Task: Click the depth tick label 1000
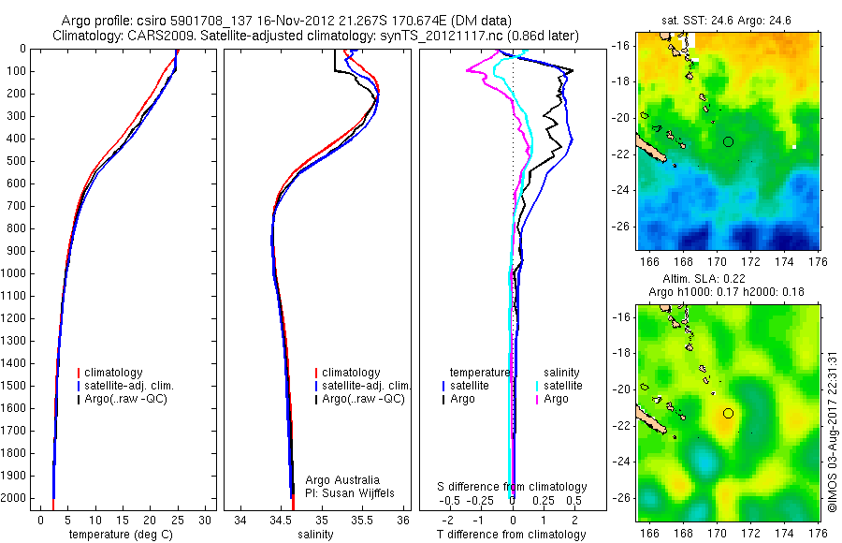pyautogui.click(x=14, y=273)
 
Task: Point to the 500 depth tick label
pyautogui.click(x=17, y=161)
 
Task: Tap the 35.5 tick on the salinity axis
pyautogui.click(x=363, y=520)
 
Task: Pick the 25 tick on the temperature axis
pyautogui.click(x=178, y=520)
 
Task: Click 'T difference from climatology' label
pyautogui.click(x=513, y=535)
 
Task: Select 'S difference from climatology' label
pyautogui.click(x=513, y=487)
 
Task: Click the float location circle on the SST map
pyautogui.click(x=729, y=141)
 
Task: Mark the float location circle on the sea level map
pyautogui.click(x=729, y=413)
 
